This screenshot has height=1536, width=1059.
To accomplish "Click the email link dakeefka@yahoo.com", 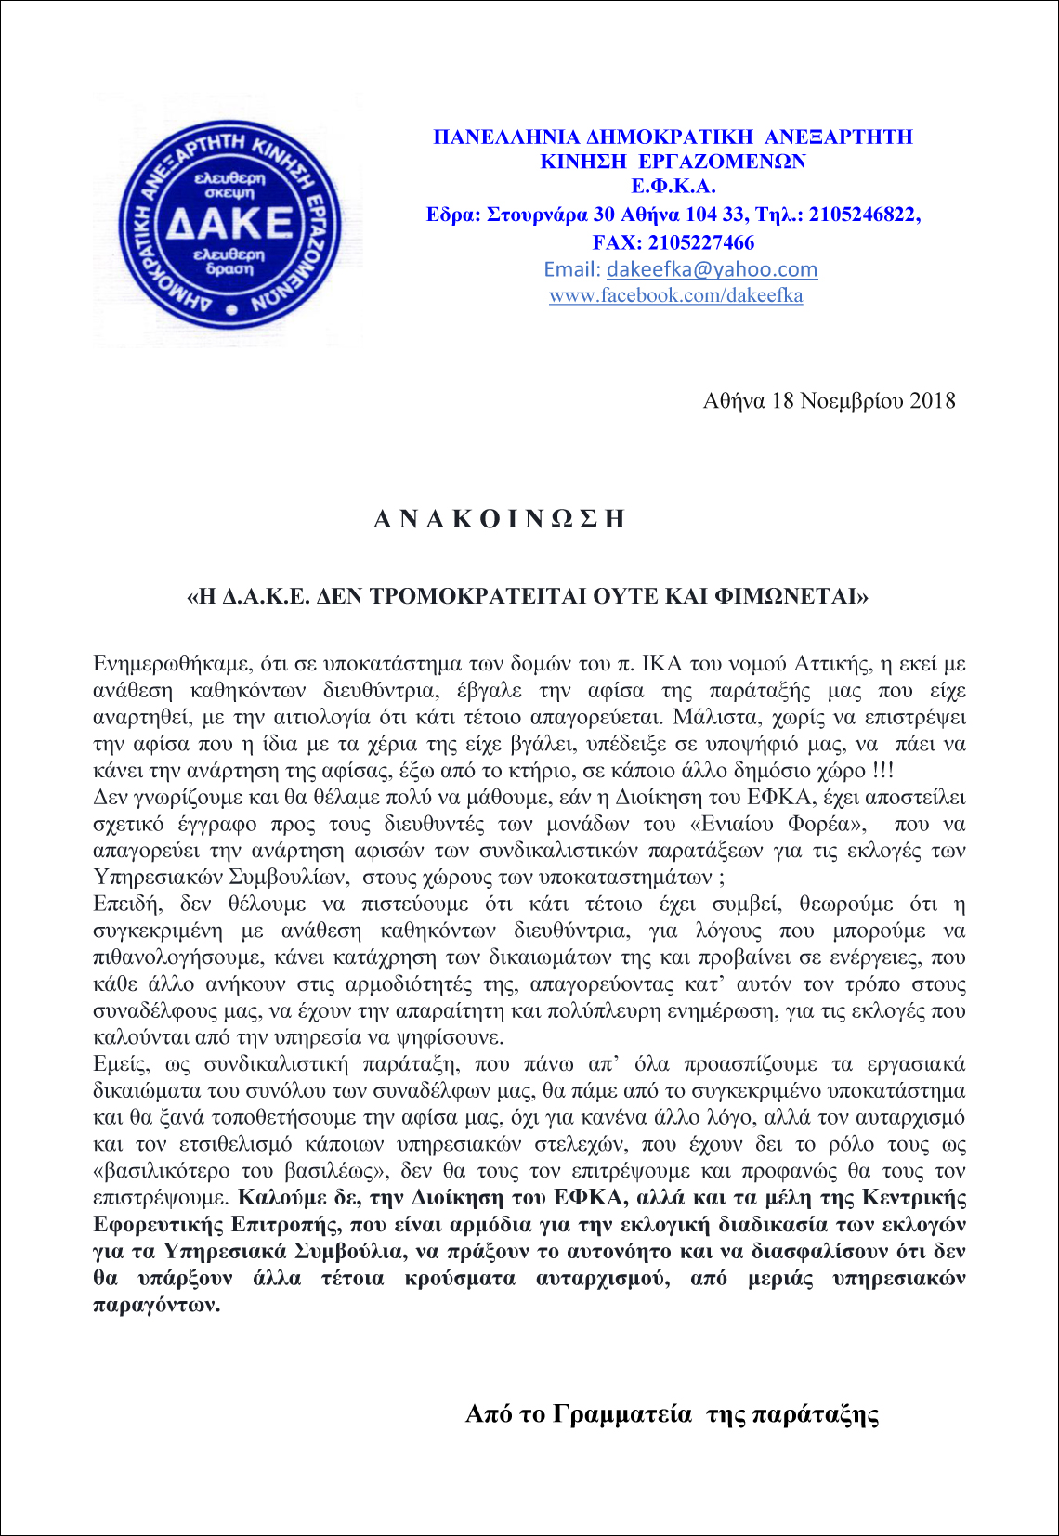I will click(x=712, y=269).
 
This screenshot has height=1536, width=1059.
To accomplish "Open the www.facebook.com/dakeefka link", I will click(x=675, y=295).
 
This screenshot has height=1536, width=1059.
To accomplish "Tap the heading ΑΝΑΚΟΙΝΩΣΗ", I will click(x=499, y=519).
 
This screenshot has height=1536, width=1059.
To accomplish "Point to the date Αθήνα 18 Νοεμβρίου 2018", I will click(x=829, y=400).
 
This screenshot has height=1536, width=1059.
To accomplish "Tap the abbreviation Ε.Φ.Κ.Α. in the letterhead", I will click(x=673, y=187).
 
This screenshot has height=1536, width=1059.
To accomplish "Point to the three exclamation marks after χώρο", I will click(x=882, y=771).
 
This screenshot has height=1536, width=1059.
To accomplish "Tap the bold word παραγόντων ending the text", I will click(x=156, y=1305).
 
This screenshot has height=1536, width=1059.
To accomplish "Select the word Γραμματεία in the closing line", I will click(x=621, y=1414).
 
